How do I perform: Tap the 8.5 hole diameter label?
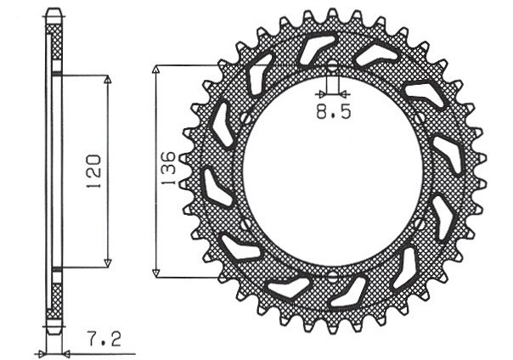tap(332, 110)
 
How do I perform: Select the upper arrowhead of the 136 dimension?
tap(155, 69)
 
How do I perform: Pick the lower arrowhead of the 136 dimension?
tap(155, 273)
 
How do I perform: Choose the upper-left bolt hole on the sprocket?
tap(245, 118)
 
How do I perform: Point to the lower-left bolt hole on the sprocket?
tap(245, 224)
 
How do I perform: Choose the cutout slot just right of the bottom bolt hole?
tap(348, 290)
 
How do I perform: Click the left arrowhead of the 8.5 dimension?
tap(324, 92)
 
